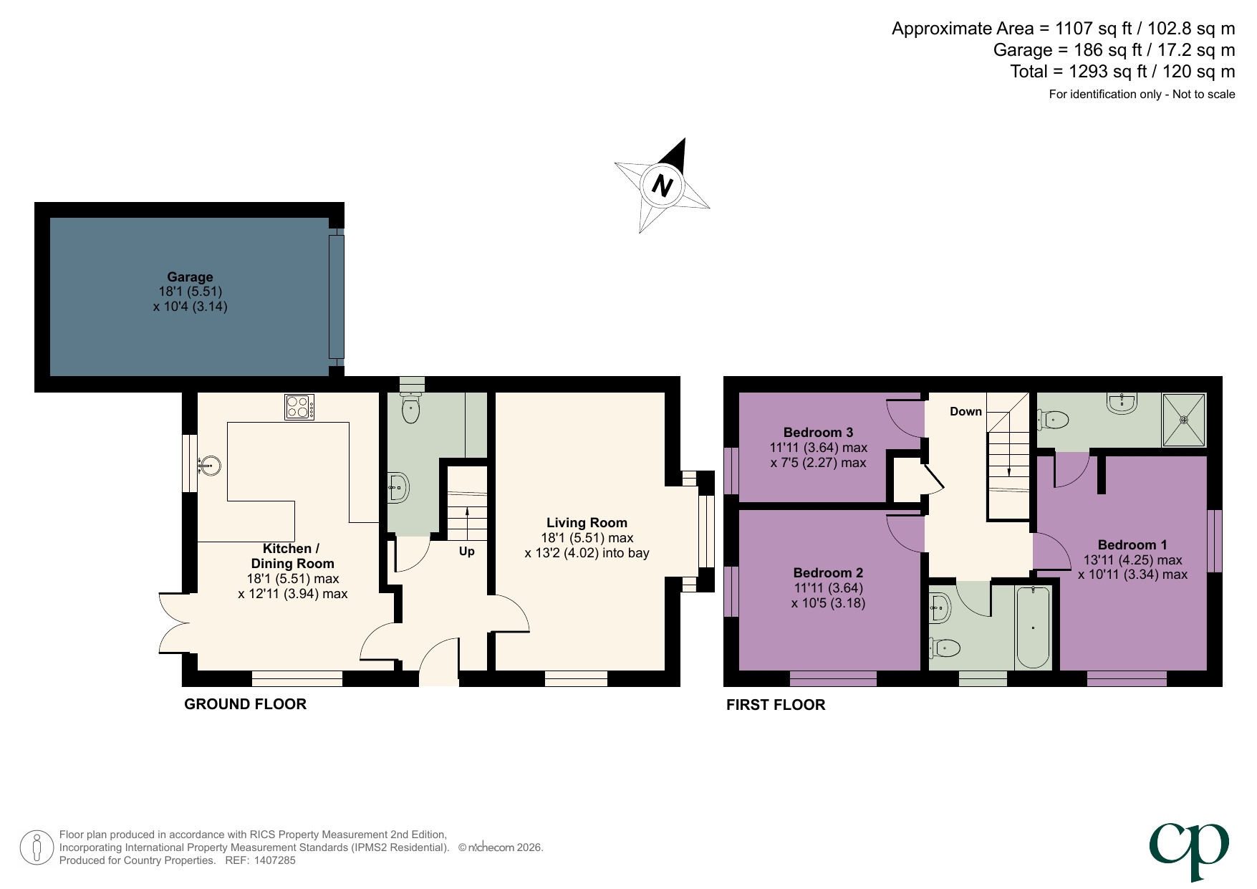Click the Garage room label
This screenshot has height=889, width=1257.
(x=190, y=277)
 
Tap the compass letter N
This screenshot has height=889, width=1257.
(x=663, y=186)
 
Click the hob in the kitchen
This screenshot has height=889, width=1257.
(x=299, y=408)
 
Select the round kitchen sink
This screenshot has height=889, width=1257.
(x=210, y=466)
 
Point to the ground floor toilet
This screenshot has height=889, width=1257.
(x=410, y=408)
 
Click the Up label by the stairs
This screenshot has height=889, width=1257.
(x=466, y=552)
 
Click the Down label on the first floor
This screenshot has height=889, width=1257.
(x=965, y=411)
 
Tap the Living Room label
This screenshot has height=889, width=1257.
(x=587, y=523)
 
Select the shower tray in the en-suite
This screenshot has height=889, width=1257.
(x=1183, y=420)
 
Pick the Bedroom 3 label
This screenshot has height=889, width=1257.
(x=818, y=433)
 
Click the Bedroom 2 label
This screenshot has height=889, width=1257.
(x=827, y=573)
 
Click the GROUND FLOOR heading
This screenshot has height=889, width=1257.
(x=245, y=704)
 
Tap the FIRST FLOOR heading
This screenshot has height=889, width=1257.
(x=776, y=705)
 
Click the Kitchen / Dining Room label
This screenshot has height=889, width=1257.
(x=292, y=556)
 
